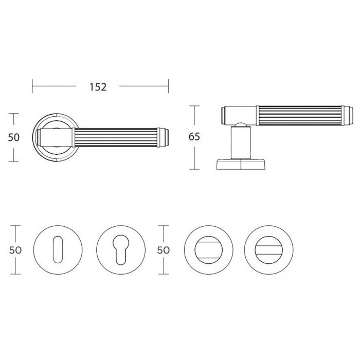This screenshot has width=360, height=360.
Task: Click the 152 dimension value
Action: point(98,87)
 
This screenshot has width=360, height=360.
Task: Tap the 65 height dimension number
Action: point(194,137)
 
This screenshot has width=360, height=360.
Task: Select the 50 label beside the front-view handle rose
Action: point(14,137)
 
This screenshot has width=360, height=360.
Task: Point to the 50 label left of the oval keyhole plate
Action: point(15,250)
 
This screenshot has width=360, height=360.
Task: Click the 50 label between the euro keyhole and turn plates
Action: point(163,250)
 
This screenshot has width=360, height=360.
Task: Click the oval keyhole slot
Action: point(58,249)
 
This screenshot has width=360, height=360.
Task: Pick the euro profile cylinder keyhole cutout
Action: point(120,249)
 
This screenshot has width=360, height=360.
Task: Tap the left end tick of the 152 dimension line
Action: point(32,86)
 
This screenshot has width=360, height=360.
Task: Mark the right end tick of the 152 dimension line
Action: point(168,86)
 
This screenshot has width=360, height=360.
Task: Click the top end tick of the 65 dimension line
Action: point(194,106)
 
